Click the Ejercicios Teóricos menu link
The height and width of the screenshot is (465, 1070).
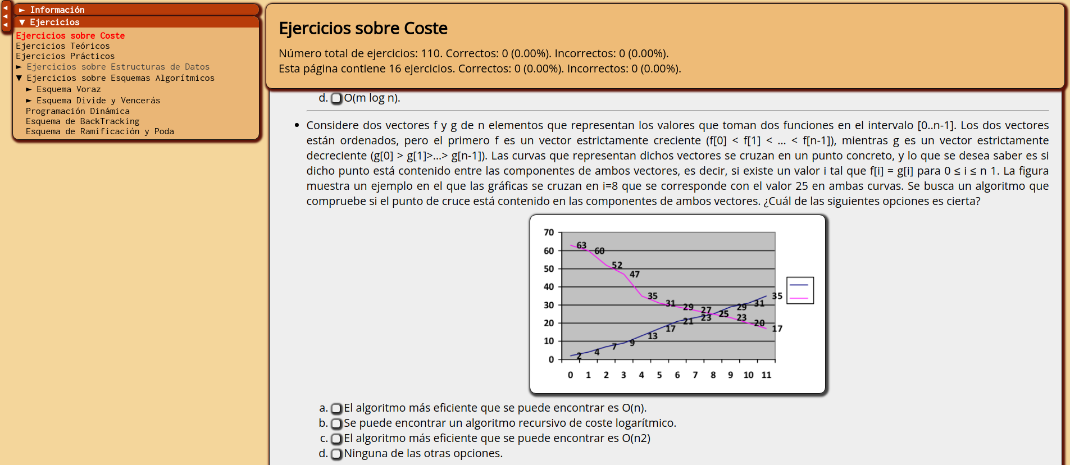pyautogui.click(x=63, y=46)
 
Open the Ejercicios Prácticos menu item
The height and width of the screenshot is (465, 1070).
pyautogui.click(x=65, y=56)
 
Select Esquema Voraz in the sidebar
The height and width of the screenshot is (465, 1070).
pyautogui.click(x=69, y=89)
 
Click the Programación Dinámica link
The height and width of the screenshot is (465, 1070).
pyautogui.click(x=78, y=111)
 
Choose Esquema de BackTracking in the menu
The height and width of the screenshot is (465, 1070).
pyautogui.click(x=83, y=121)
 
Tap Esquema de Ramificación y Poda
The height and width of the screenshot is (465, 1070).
pyautogui.click(x=100, y=131)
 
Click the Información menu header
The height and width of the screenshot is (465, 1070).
pyautogui.click(x=57, y=10)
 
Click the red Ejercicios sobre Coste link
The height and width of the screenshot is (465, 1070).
pyautogui.click(x=70, y=36)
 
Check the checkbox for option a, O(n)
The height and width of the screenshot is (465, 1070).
pyautogui.click(x=336, y=408)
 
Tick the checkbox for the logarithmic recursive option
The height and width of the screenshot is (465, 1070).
pyautogui.click(x=336, y=423)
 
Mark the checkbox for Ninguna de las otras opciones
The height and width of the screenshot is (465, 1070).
pyautogui.click(x=336, y=454)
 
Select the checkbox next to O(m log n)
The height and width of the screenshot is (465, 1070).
pyautogui.click(x=336, y=98)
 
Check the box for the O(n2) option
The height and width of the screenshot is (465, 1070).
pyautogui.click(x=336, y=439)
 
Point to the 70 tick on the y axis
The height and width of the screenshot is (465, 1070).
pyautogui.click(x=549, y=233)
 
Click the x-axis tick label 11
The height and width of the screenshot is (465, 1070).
pyautogui.click(x=766, y=375)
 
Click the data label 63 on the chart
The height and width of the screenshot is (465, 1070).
pyautogui.click(x=581, y=245)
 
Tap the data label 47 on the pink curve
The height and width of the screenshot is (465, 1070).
pyautogui.click(x=635, y=275)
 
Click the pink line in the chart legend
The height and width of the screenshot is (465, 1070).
pyautogui.click(x=799, y=298)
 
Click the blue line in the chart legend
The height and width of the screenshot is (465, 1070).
pyautogui.click(x=799, y=285)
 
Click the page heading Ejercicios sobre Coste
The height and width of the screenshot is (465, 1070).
pyautogui.click(x=363, y=28)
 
